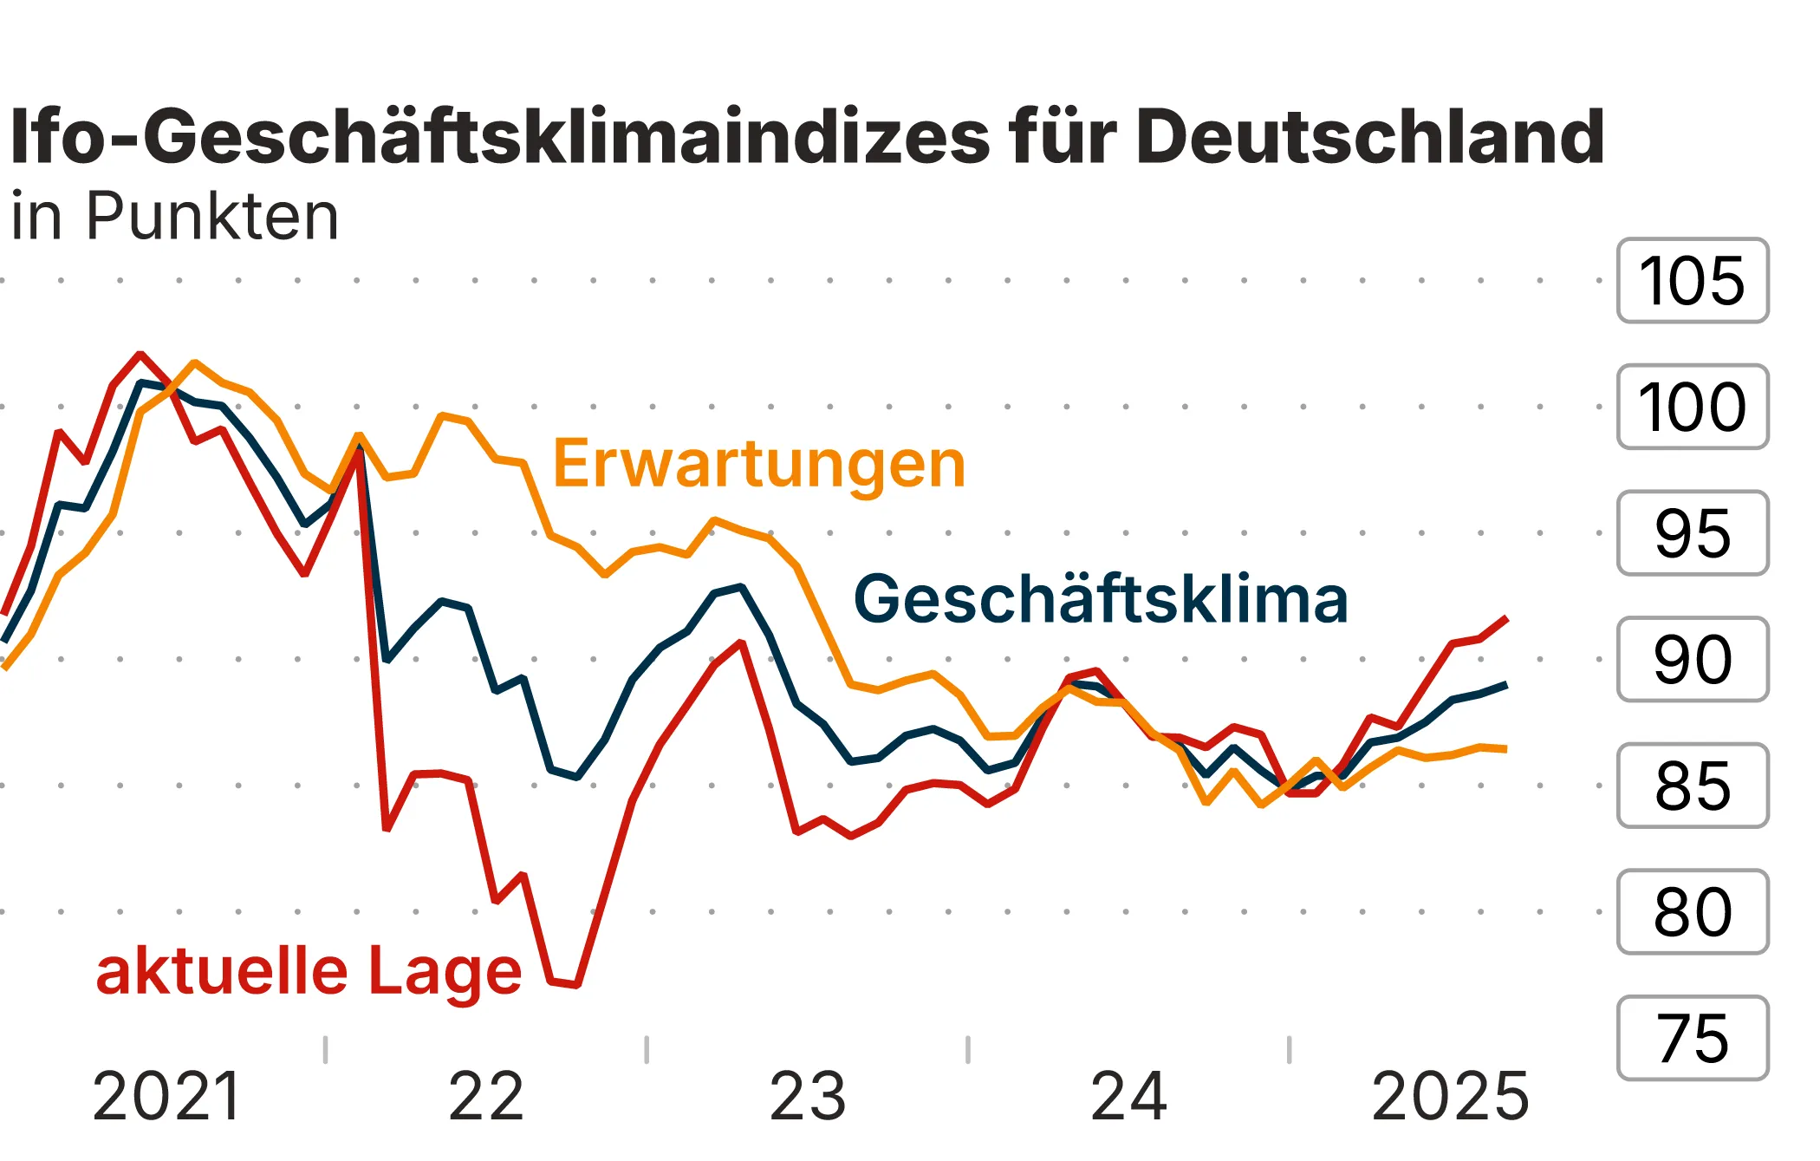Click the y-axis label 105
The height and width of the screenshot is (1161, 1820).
point(1692,281)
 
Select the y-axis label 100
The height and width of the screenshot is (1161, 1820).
point(1692,407)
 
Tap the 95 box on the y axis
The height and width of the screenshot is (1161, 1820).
point(1692,533)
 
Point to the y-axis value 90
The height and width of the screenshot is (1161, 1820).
point(1692,659)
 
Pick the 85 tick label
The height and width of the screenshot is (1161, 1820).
point(1692,786)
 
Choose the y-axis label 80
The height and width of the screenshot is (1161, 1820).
point(1692,911)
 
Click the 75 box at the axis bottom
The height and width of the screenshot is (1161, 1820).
point(1692,1038)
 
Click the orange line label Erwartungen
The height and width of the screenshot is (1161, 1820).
point(758,465)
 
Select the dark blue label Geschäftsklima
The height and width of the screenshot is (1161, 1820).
point(1101,600)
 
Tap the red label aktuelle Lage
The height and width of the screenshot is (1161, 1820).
point(309,971)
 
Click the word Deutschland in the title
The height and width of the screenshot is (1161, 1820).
point(1369,137)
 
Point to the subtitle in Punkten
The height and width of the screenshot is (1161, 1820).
point(174,217)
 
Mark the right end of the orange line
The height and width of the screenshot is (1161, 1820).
point(1506,748)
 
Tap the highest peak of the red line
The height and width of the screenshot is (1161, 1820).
point(140,354)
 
